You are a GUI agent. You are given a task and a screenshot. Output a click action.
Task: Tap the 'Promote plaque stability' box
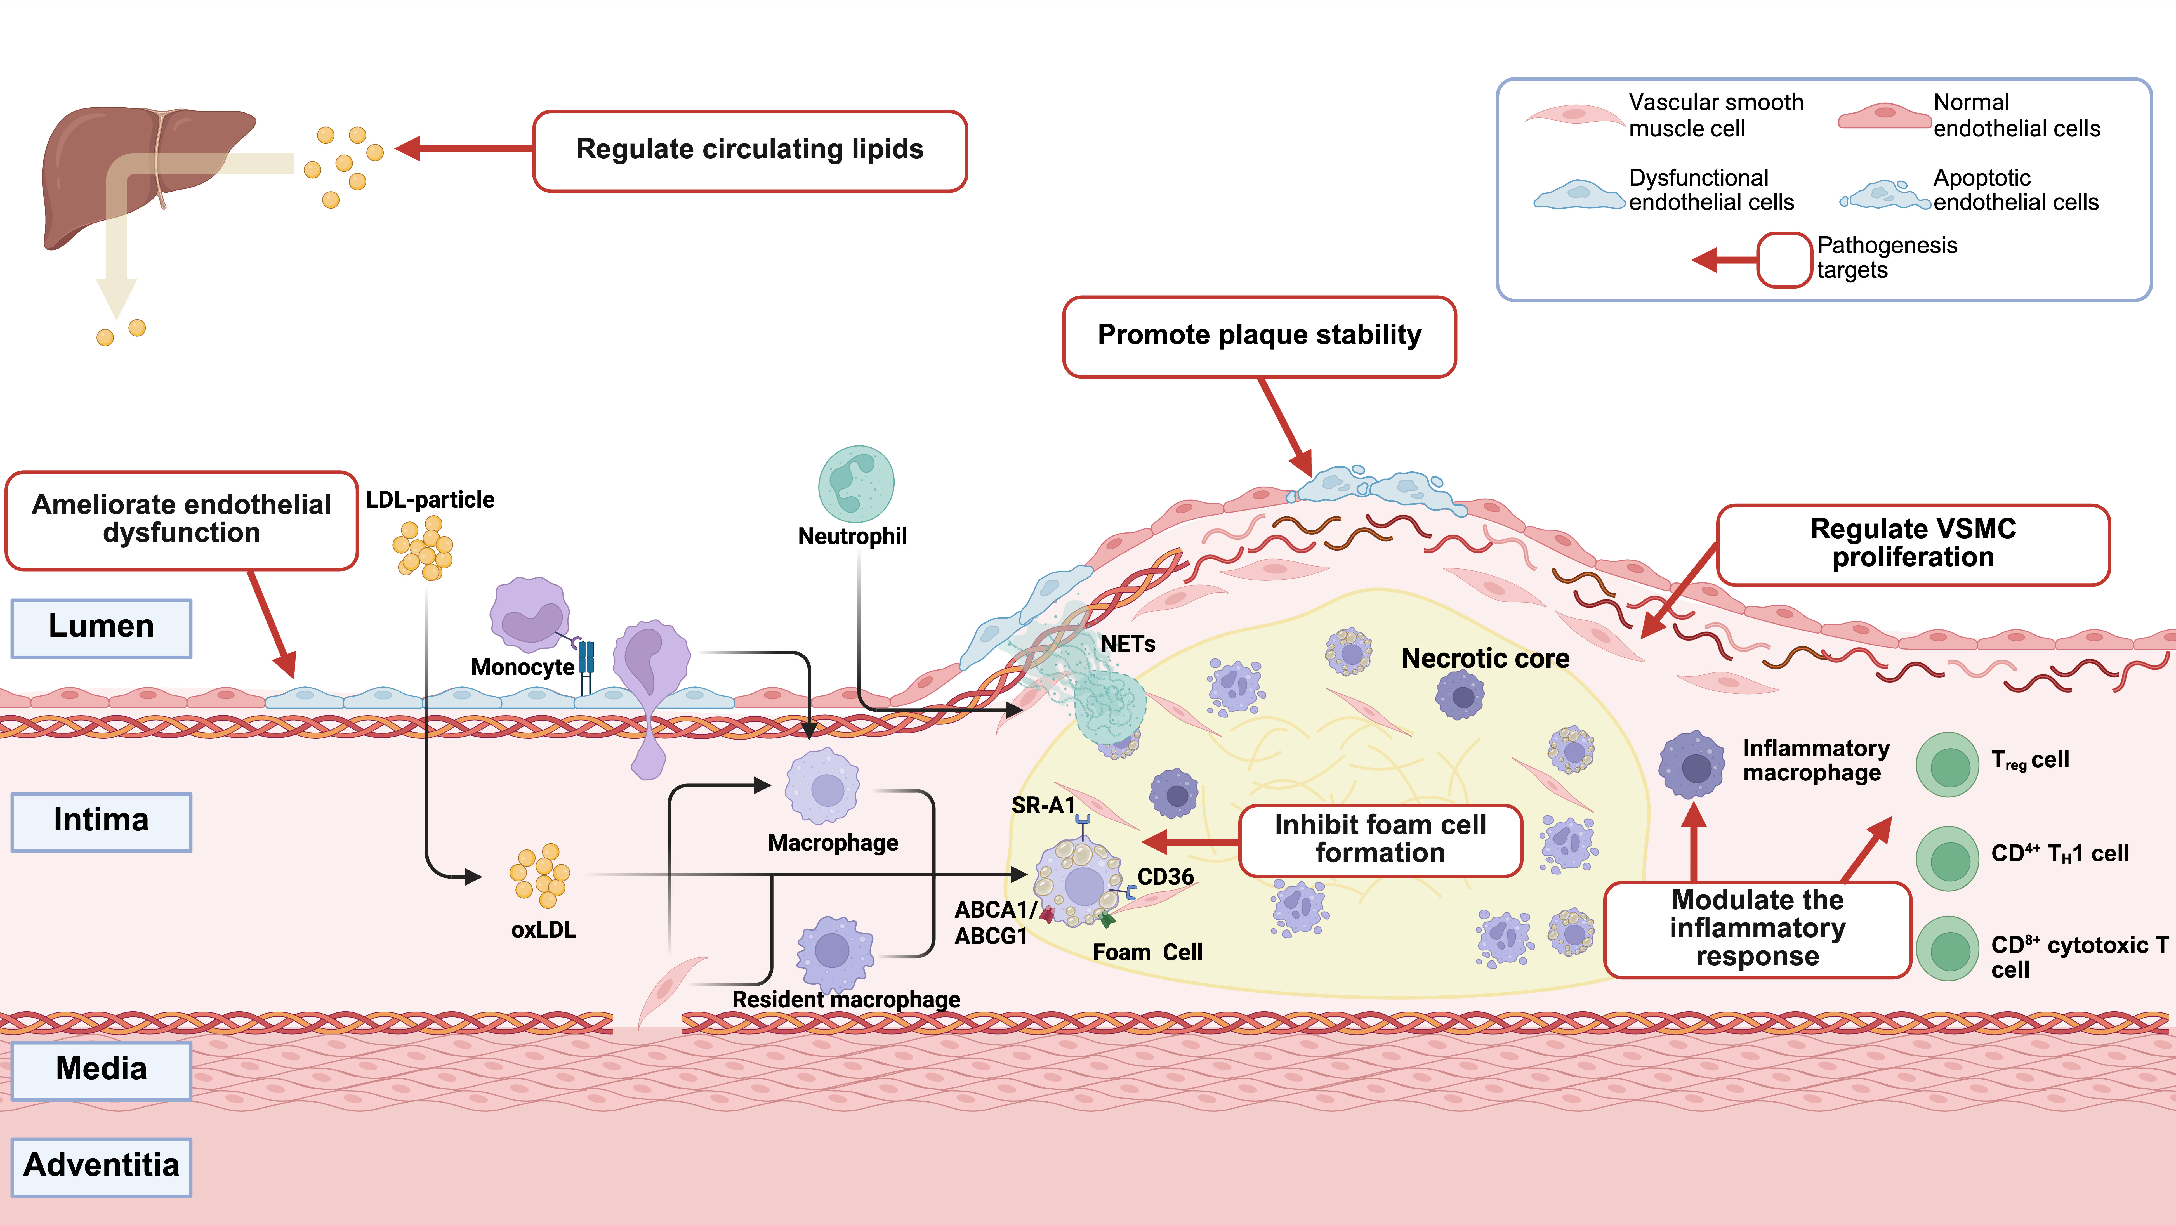click(x=1259, y=335)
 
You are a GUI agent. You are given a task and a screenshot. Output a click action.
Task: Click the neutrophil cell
click(x=856, y=484)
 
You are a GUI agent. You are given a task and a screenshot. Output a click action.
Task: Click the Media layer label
click(x=101, y=1070)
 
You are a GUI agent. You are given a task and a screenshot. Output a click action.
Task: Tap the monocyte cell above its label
click(x=530, y=614)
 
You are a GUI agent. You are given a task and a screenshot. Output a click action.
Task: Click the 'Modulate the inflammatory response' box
click(x=1757, y=928)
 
